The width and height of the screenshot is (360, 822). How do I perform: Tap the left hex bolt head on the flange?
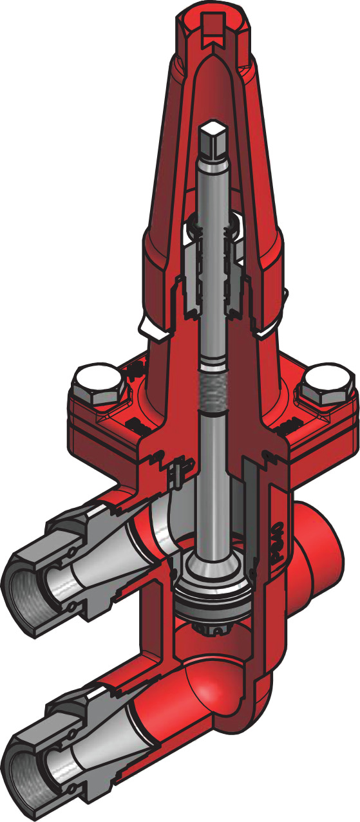95,384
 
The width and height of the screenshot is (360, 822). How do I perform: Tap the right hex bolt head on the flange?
325,388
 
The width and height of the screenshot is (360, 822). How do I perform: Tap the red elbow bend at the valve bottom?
213,692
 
